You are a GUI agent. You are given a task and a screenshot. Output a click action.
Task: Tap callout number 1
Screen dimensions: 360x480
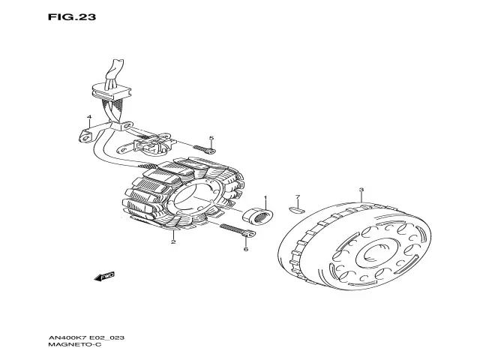click(x=264, y=199)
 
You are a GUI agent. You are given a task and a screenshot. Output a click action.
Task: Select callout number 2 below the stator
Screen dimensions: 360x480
click(x=173, y=242)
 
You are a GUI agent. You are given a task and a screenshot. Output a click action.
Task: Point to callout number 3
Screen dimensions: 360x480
click(x=361, y=191)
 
